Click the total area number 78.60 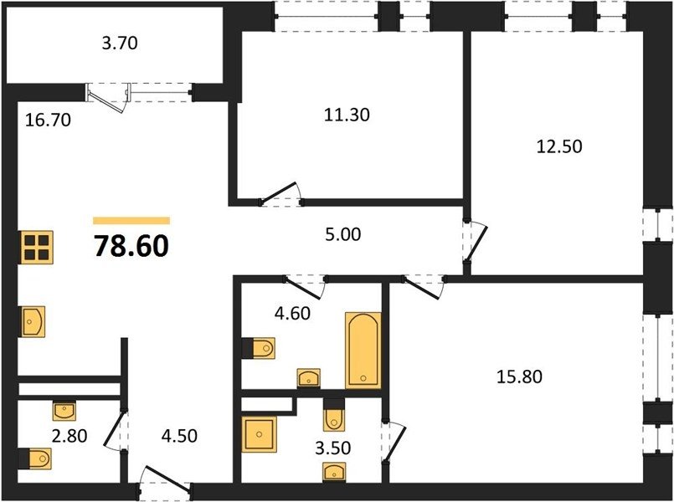[131, 247]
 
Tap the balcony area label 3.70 [120, 44]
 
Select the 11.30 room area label [347, 115]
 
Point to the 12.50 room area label [559, 146]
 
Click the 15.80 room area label [519, 376]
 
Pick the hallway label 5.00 [343, 234]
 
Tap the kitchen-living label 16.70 [48, 120]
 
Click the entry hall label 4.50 [179, 436]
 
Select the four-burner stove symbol [37, 248]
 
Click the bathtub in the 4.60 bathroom [363, 351]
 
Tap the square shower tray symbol [259, 434]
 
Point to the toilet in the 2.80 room [35, 458]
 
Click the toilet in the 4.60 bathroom [259, 348]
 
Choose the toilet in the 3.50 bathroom [334, 415]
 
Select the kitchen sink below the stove [33, 321]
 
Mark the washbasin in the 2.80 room [64, 411]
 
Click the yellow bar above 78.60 [131, 221]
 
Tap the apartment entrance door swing [167, 476]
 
